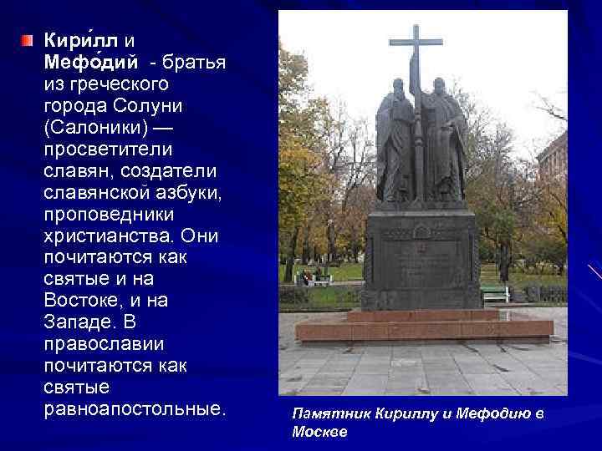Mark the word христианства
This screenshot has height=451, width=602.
(x=105, y=236)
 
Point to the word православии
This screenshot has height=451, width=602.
(x=104, y=345)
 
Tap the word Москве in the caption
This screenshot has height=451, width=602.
(x=319, y=432)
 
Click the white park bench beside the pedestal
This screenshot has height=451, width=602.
(x=494, y=292)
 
